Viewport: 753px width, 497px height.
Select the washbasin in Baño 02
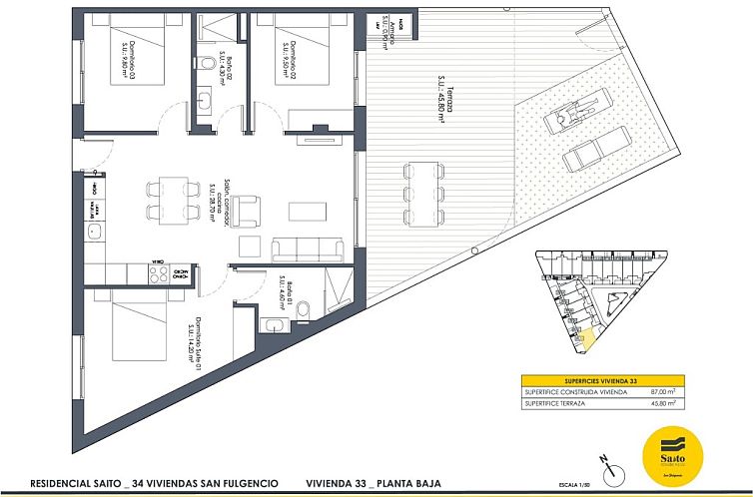tap(205, 100)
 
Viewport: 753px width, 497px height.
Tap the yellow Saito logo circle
tap(674, 449)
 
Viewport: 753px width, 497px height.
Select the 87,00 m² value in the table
tap(678, 393)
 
